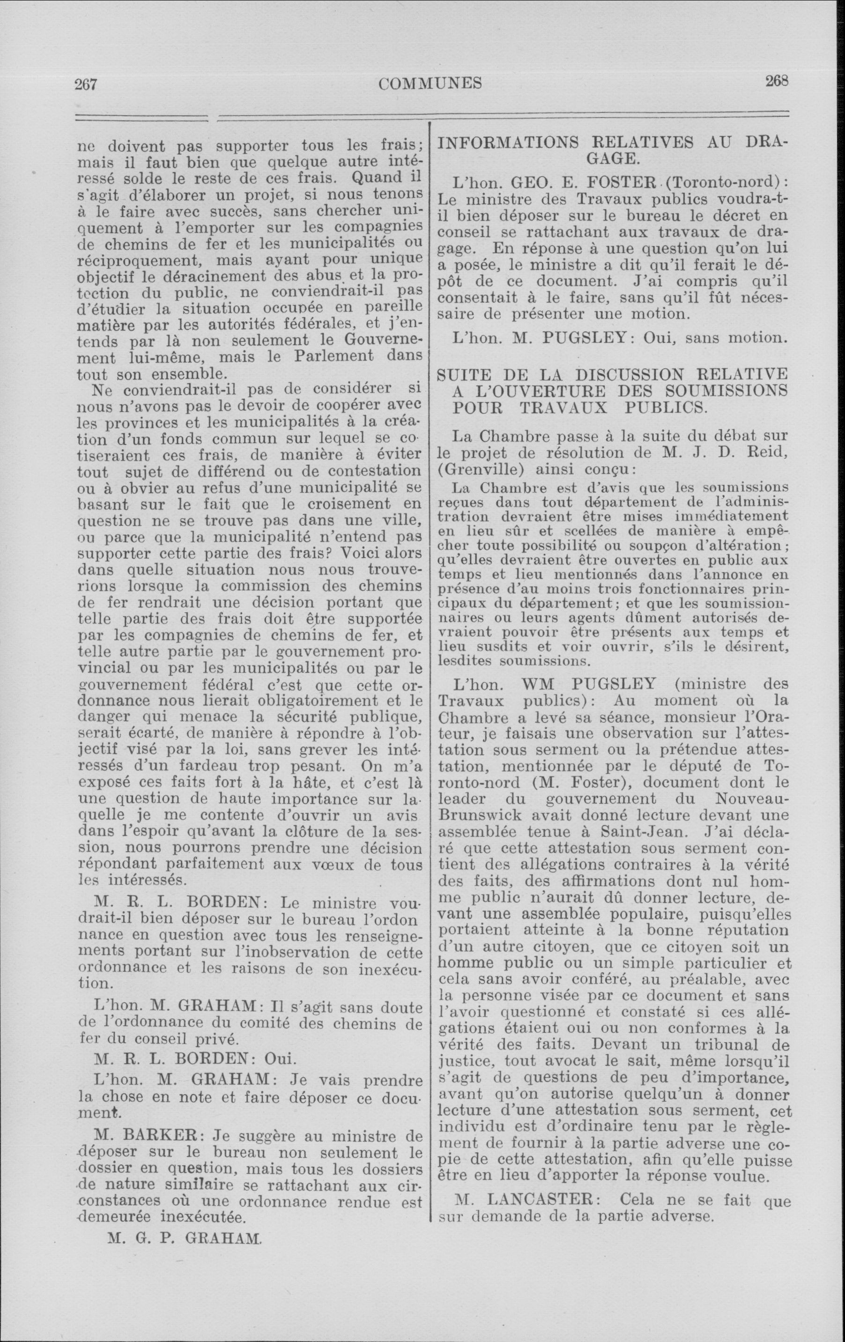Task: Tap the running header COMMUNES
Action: [x=430, y=83]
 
